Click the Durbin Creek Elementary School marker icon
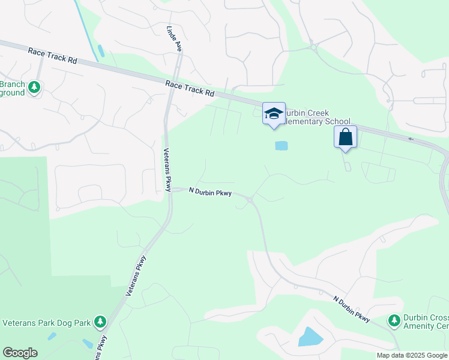point(274,113)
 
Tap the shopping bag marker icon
point(346,137)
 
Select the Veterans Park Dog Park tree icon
point(100,323)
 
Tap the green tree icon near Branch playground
point(35,88)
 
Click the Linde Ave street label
point(173,38)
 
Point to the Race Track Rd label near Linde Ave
point(190,89)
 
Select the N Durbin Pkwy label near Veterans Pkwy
point(210,192)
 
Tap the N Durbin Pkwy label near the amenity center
point(352,307)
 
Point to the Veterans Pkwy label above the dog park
point(136,275)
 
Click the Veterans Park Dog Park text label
point(46,323)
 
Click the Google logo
point(20,353)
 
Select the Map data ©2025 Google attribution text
point(412,355)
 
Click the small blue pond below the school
point(281,145)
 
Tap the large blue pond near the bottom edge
point(310,337)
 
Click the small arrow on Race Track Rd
point(411,139)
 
